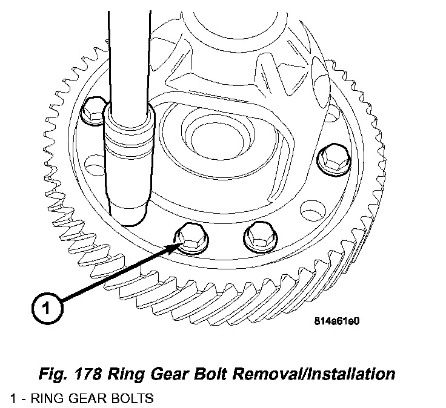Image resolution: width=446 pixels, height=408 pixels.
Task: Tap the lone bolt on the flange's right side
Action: pyautogui.click(x=333, y=159)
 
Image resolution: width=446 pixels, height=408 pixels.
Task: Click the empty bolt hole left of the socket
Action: pyautogui.click(x=93, y=164)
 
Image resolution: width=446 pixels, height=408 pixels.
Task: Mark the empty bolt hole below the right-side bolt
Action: pyautogui.click(x=311, y=212)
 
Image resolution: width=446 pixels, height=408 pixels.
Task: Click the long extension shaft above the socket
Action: pyautogui.click(x=128, y=48)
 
